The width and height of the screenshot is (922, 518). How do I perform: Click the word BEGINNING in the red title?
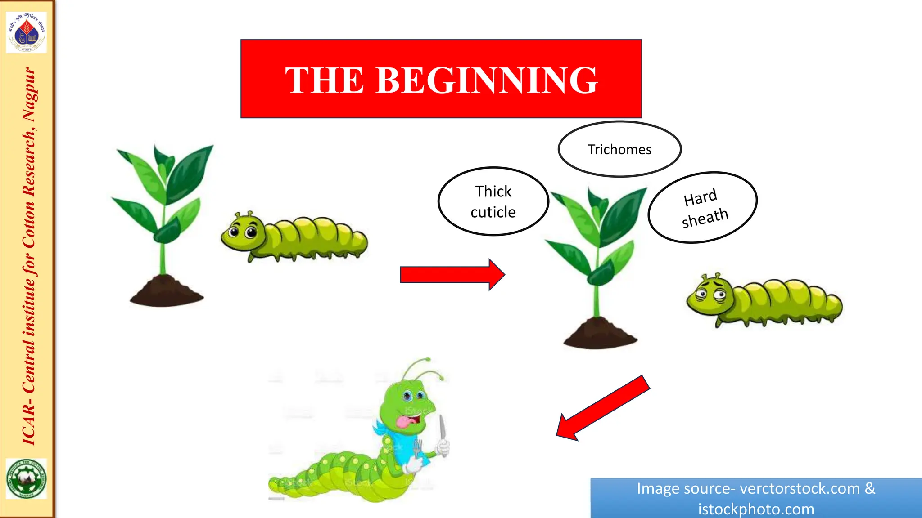[487, 80]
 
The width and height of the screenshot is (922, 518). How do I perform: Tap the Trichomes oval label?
[619, 149]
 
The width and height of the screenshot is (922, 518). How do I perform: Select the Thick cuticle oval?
[493, 201]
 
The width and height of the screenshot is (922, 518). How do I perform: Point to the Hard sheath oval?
[703, 208]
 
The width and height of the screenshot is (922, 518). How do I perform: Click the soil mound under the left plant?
[166, 292]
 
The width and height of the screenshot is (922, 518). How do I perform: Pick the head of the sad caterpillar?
[709, 295]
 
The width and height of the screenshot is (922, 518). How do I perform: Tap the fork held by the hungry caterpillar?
[418, 447]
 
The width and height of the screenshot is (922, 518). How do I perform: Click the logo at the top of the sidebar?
[27, 32]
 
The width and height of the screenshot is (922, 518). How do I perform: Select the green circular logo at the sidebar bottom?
[27, 478]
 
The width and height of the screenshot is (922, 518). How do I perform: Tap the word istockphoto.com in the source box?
[756, 509]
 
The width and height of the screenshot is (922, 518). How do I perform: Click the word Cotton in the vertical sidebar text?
[29, 223]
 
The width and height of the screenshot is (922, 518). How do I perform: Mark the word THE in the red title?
[324, 80]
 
